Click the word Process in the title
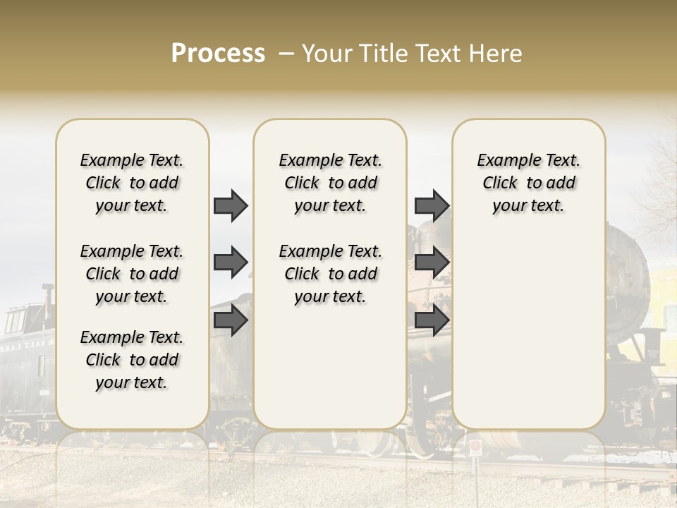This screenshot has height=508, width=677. click(218, 54)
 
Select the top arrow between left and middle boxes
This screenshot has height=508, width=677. click(231, 205)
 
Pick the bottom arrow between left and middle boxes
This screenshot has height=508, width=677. click(231, 320)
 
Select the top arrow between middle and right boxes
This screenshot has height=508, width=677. click(432, 205)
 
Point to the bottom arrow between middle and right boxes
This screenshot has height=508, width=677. click(432, 320)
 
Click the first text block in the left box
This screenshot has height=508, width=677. click(132, 183)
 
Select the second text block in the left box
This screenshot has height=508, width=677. click(132, 274)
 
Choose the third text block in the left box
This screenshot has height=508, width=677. click(132, 360)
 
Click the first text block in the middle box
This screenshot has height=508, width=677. click(330, 183)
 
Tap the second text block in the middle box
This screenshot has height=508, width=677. click(330, 274)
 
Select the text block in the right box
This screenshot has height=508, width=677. click(528, 183)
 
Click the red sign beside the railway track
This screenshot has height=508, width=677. click(476, 447)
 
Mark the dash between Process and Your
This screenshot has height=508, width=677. click(286, 54)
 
